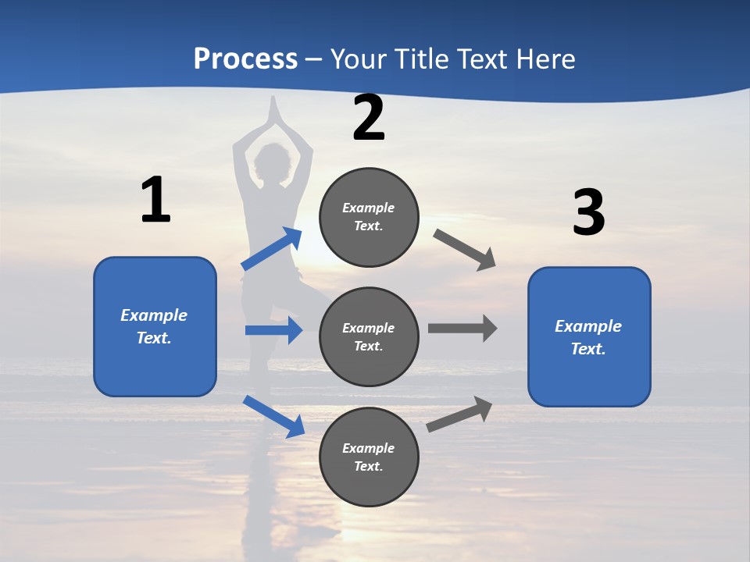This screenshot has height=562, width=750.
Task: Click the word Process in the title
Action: (x=245, y=59)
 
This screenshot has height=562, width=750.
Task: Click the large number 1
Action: (x=155, y=201)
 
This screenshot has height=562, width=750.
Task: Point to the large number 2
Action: (x=369, y=119)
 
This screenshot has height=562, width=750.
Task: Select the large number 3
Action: (x=588, y=213)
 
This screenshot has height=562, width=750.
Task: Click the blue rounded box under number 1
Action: (x=155, y=326)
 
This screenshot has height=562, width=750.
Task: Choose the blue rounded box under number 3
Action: (x=589, y=336)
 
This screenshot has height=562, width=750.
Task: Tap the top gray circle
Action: (x=369, y=217)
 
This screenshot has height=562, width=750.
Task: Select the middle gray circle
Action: (x=369, y=336)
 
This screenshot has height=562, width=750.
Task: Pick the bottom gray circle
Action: (x=369, y=457)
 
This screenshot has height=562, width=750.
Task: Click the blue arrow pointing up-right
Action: (x=273, y=249)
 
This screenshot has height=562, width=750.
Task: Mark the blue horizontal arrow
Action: (x=274, y=330)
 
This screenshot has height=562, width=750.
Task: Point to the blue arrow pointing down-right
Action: (x=274, y=416)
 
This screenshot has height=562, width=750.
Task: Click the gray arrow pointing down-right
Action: (x=465, y=250)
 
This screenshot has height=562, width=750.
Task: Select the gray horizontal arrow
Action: (x=462, y=328)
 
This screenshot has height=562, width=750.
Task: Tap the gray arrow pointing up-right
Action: (x=460, y=414)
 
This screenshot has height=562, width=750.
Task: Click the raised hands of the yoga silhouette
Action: (x=273, y=113)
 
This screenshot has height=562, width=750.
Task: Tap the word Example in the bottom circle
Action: (x=369, y=448)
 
